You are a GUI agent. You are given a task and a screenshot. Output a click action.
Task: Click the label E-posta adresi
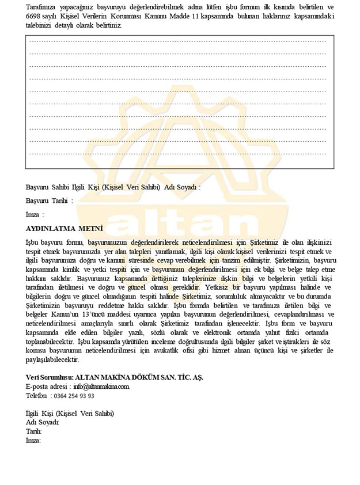coord(46,387)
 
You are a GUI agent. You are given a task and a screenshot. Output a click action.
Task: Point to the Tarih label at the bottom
coord(33,431)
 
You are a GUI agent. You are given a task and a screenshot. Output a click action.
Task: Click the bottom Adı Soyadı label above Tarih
coord(43,422)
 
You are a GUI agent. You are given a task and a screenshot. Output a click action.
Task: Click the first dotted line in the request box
coord(179,41)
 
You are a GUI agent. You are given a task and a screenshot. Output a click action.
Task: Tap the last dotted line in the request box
coord(179,154)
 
